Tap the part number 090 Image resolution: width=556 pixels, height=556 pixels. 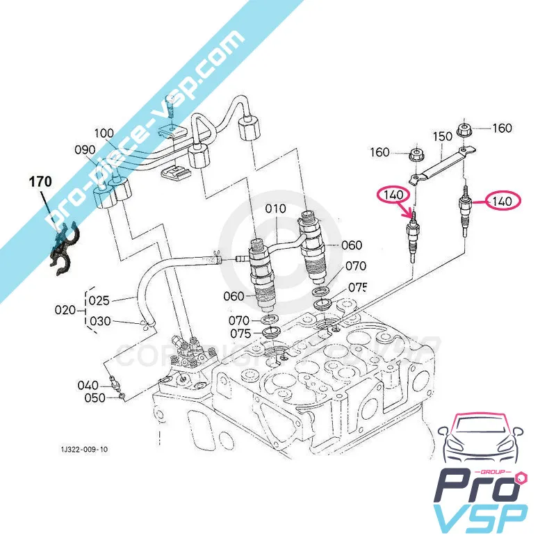click(86, 149)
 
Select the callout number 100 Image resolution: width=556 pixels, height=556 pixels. click(104, 133)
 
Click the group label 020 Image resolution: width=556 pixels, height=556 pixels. click(65, 310)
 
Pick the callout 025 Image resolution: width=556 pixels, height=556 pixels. click(99, 300)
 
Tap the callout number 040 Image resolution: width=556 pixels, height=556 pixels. click(88, 385)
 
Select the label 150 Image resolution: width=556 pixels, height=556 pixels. click(443, 136)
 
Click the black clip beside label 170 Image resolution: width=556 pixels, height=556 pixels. click(65, 247)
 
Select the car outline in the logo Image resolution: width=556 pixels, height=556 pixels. click(482, 441)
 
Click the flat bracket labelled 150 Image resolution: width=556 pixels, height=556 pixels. click(441, 164)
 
